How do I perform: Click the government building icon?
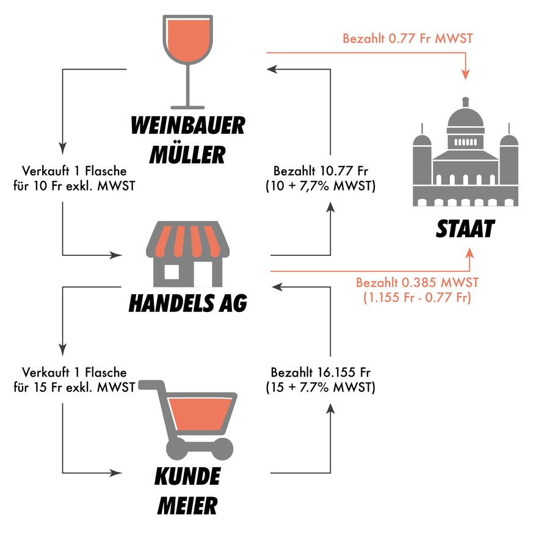pyautogui.click(x=465, y=161)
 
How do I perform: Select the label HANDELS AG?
pyautogui.click(x=187, y=303)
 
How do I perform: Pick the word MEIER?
pyautogui.click(x=187, y=506)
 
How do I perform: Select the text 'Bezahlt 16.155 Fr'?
pyautogui.click(x=321, y=372)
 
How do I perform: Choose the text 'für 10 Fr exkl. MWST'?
pyautogui.click(x=74, y=186)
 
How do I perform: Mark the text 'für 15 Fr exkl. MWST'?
pyautogui.click(x=74, y=387)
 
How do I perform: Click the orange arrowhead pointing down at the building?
pyautogui.click(x=466, y=74)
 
